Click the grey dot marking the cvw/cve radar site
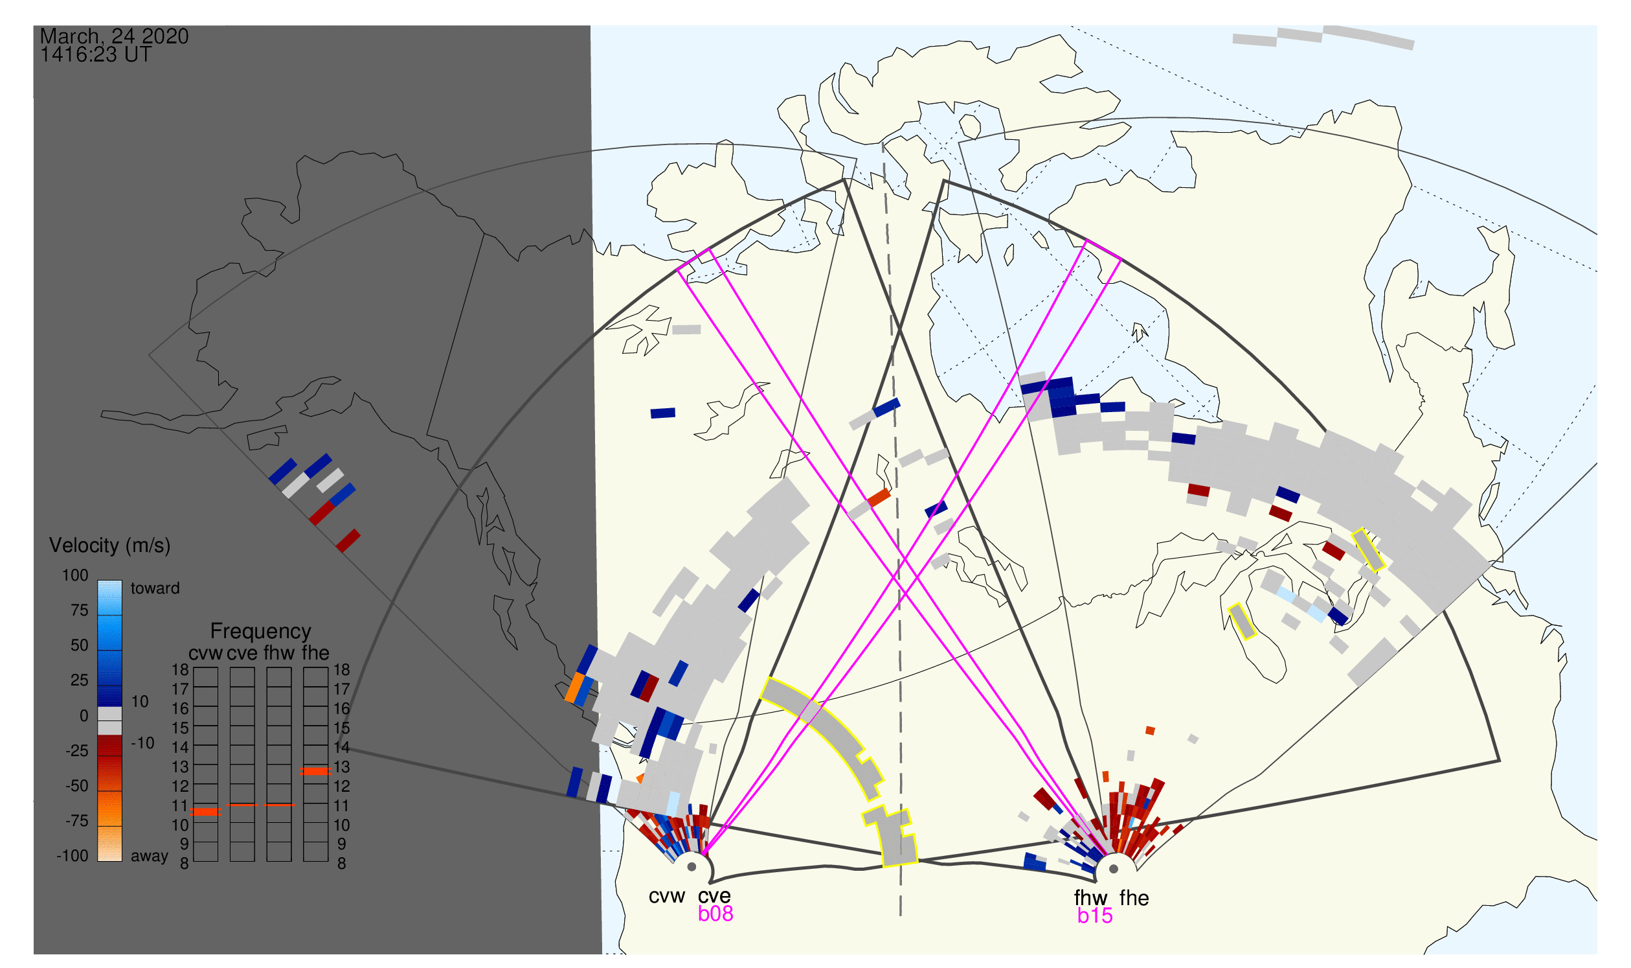tap(692, 868)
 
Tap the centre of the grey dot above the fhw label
tap(1114, 870)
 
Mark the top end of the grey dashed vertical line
tap(883, 143)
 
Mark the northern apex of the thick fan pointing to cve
tap(844, 179)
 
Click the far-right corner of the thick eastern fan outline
tap(1500, 761)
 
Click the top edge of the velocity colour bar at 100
tap(109, 581)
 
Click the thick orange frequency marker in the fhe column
tap(315, 772)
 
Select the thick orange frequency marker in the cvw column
tap(206, 812)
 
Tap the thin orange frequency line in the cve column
tap(243, 805)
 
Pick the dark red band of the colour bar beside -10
tap(109, 746)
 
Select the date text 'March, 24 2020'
tap(114, 36)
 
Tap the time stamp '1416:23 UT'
tap(96, 55)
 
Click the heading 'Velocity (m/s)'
tap(109, 546)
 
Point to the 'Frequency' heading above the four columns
tap(261, 632)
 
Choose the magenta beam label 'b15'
tap(1095, 916)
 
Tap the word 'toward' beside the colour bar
tap(155, 588)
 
